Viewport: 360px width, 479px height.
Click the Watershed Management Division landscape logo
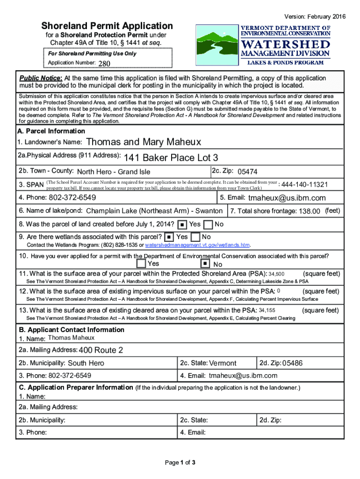coord(216,45)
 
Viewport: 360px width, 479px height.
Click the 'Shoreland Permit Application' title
coord(107,26)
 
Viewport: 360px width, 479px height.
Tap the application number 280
coord(104,63)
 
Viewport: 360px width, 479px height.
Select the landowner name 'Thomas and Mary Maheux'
coord(144,142)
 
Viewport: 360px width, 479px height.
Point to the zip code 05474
coord(247,172)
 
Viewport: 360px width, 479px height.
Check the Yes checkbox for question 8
coord(183,225)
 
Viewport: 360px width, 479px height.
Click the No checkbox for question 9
coord(196,238)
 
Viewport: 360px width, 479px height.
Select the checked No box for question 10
coord(205,264)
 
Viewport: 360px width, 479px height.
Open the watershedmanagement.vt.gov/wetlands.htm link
coord(197,245)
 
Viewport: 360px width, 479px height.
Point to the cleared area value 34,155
coord(267,311)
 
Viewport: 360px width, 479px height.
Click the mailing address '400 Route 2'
coord(101,350)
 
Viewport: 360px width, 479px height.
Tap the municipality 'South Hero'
coord(86,363)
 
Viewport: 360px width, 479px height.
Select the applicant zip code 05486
coord(293,363)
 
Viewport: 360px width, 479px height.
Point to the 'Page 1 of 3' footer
coord(180,463)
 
